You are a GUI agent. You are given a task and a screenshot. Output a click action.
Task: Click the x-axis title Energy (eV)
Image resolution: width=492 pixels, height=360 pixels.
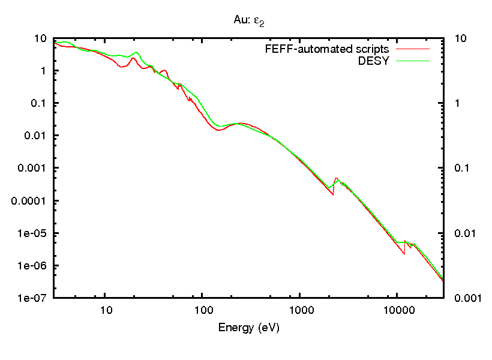(x=249, y=328)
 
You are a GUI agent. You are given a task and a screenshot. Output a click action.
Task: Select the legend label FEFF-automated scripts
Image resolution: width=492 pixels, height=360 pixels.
(x=327, y=48)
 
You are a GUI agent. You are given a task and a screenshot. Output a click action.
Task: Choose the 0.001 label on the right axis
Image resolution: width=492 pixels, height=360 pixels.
(x=466, y=298)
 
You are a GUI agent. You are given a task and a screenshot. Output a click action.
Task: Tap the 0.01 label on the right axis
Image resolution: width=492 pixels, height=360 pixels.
(x=463, y=233)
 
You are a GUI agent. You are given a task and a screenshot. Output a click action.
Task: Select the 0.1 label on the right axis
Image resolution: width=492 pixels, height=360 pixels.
(x=461, y=168)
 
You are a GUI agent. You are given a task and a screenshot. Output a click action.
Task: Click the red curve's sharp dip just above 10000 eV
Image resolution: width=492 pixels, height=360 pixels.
(x=404, y=253)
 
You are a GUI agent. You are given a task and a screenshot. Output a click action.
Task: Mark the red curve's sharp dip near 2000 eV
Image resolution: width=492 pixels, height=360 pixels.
(x=332, y=195)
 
